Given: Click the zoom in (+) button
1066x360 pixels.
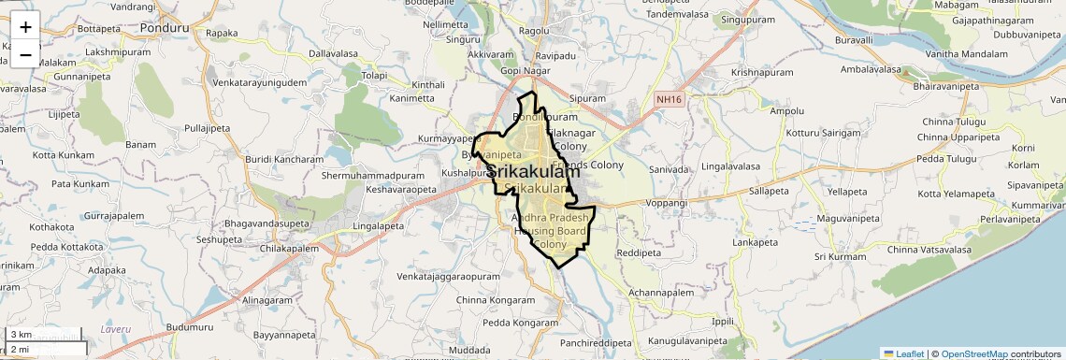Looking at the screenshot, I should pos(25,25).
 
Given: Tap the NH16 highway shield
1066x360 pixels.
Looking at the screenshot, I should pos(669,98).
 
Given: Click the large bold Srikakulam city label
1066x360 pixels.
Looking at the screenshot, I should pos(533,172).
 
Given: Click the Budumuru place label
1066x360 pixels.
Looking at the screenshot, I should pos(190,327).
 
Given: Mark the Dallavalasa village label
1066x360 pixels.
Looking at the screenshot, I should pos(335,54).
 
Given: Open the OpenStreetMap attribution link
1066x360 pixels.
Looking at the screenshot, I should pos(974,353).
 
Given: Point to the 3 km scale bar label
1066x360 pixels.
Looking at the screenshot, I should pos(21,334).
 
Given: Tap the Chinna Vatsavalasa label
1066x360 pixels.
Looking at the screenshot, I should pos(929,250).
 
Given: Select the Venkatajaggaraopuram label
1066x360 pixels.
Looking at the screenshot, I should pos(448,278).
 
